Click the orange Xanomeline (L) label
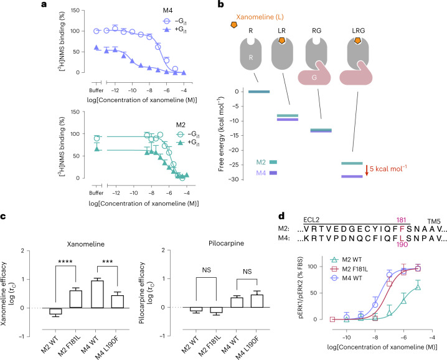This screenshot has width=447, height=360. (260, 17)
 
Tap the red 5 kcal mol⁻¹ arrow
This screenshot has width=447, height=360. (367, 170)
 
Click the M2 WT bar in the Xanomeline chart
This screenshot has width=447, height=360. (55, 311)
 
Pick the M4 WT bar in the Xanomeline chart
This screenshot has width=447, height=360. (97, 294)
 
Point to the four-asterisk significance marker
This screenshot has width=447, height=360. (65, 262)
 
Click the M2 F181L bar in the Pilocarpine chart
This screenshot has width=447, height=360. (217, 310)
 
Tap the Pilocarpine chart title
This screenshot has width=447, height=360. (226, 244)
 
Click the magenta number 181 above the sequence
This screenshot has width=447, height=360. (401, 220)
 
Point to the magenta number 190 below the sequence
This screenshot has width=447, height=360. (402, 245)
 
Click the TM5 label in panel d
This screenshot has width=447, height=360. (434, 221)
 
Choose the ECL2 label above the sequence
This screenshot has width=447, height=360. (311, 220)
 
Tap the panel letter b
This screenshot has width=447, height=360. (221, 4)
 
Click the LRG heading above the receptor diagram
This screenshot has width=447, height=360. (359, 31)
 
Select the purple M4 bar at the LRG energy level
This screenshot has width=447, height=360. (352, 177)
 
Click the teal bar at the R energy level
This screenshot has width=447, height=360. (259, 92)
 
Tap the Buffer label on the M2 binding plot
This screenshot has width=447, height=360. (96, 193)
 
